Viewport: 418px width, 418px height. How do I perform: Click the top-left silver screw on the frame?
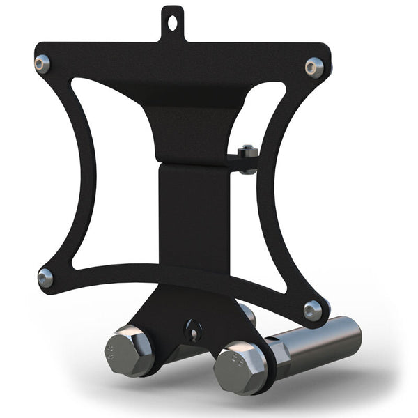tap(42, 63)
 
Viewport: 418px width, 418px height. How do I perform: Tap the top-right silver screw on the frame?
tap(313, 67)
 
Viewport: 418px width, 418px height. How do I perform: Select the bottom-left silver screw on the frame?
tap(46, 277)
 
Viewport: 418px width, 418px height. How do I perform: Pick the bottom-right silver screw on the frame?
tap(313, 309)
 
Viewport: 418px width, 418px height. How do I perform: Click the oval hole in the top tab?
tap(172, 22)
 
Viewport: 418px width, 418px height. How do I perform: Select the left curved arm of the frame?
tap(66, 174)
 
